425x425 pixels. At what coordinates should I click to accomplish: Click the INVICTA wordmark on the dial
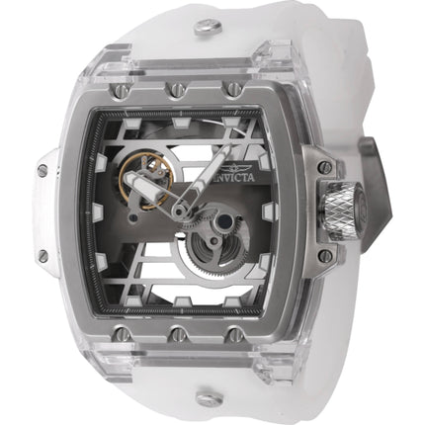[x=209, y=143]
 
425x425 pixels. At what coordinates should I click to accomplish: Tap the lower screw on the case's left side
[x=45, y=256]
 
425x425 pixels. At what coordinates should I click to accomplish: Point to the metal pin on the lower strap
[x=208, y=398]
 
